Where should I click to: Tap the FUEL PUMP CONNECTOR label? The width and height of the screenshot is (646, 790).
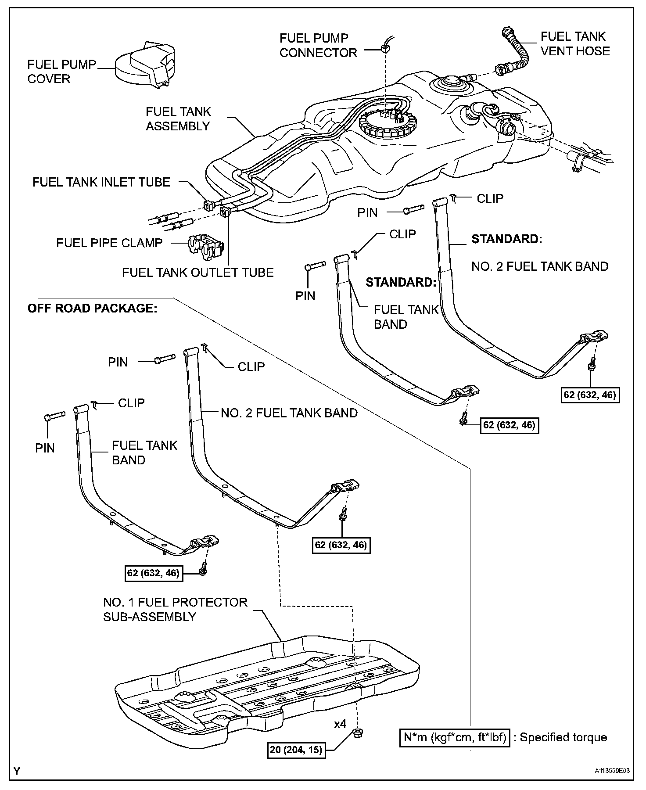point(318,45)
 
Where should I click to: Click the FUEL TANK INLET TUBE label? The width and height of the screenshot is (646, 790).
point(101,182)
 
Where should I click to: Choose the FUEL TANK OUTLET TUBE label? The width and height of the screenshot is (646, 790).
point(197,272)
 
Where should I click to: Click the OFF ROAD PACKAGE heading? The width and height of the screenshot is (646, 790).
point(92,308)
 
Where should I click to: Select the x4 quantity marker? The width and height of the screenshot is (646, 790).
point(340,723)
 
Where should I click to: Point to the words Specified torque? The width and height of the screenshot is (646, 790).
point(563,737)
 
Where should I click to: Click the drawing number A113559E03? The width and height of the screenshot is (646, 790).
point(612,770)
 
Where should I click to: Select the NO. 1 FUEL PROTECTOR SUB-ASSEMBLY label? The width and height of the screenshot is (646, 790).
point(175,609)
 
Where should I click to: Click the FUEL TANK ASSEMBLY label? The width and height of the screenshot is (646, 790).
point(178,118)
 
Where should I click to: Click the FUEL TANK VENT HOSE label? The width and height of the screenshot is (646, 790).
point(575,43)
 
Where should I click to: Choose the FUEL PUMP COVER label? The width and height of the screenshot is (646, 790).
point(61,72)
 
